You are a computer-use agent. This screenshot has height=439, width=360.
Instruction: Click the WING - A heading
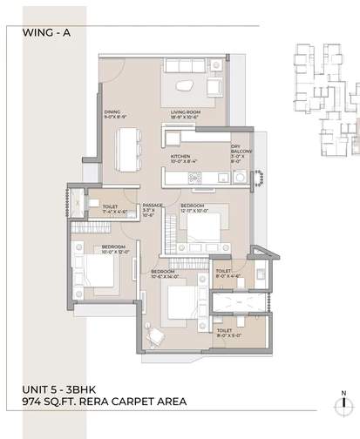coord(38,34)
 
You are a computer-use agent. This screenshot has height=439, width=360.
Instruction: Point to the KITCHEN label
coord(183,158)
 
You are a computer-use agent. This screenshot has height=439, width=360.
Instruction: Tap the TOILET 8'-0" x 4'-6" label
coord(224,274)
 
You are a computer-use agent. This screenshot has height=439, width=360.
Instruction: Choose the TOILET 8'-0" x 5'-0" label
coord(224,333)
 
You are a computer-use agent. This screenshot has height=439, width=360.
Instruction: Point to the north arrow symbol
coord(343,401)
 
